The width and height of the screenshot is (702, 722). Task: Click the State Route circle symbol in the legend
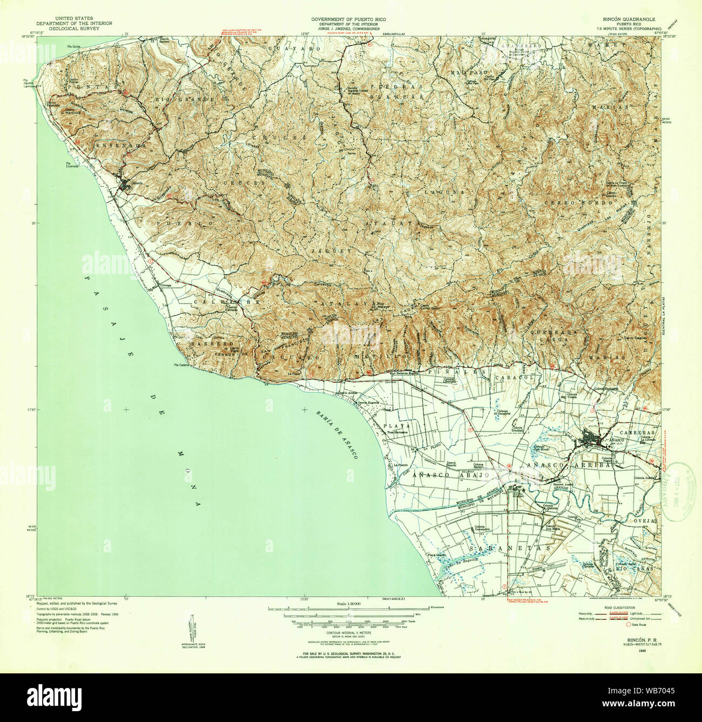click(x=628, y=624)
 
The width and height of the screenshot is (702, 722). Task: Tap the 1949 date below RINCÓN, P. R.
click(x=641, y=651)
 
